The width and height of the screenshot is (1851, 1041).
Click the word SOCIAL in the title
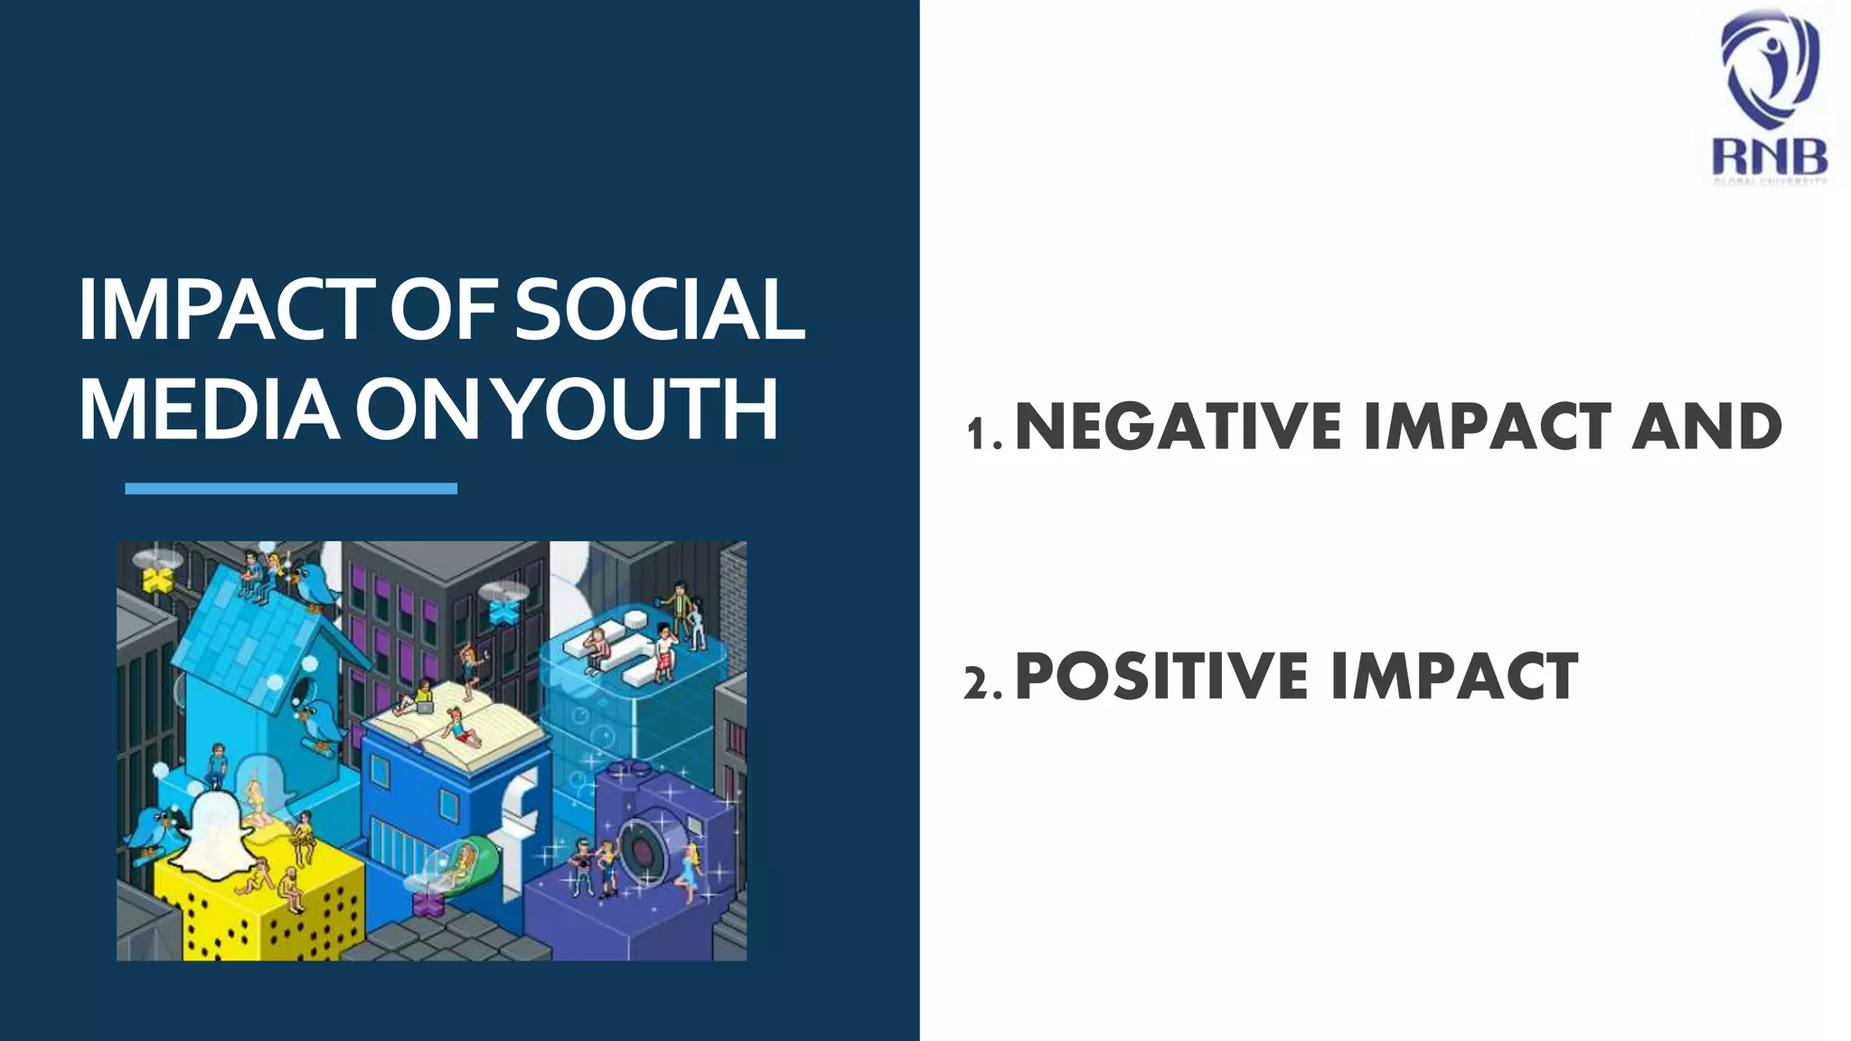click(659, 309)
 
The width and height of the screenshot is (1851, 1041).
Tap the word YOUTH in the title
click(638, 409)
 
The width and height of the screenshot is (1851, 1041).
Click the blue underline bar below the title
click(291, 489)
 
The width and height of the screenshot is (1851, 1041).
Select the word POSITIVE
click(1162, 676)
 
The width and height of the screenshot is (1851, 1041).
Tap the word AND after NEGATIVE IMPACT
click(1706, 427)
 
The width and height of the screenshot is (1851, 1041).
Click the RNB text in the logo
click(1769, 157)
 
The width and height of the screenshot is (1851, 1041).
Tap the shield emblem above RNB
click(1769, 72)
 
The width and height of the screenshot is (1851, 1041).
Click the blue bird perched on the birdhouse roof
click(316, 585)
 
